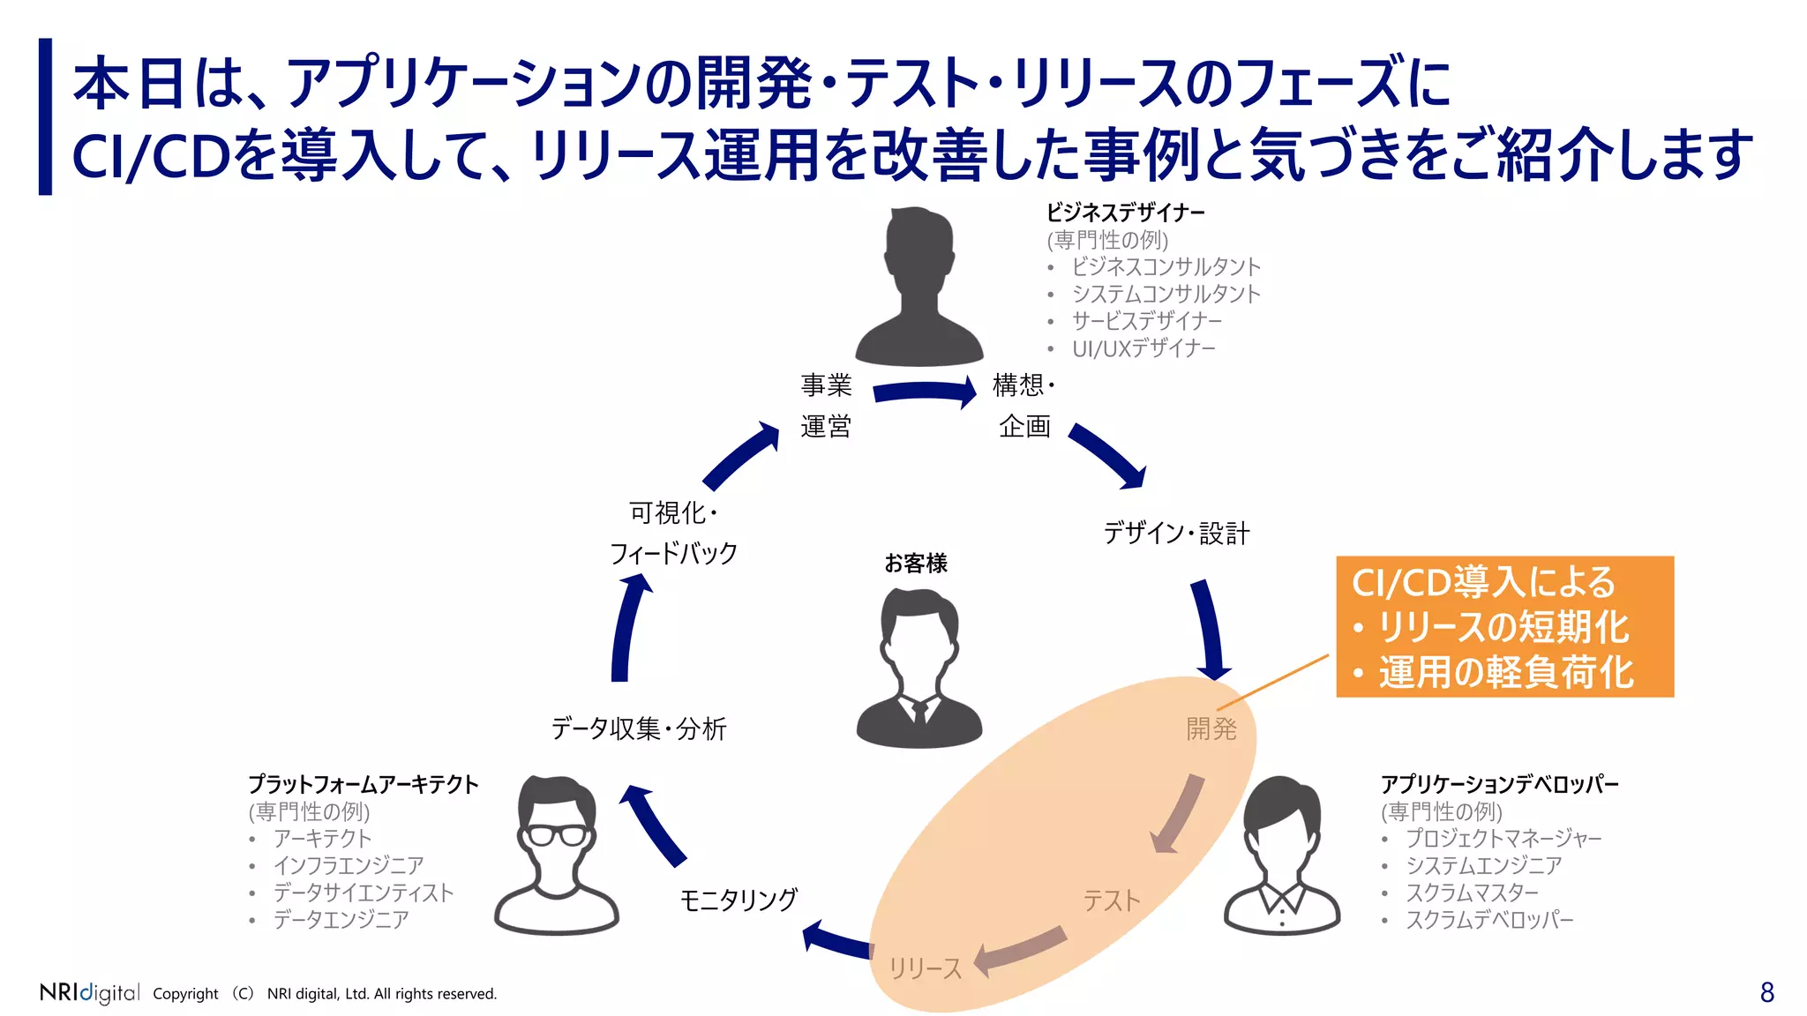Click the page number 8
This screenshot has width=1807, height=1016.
1766,992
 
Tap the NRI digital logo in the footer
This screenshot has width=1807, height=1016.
89,992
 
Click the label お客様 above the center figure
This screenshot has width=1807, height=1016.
916,564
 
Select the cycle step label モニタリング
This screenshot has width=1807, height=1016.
739,900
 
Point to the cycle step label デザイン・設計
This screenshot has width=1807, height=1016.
1176,533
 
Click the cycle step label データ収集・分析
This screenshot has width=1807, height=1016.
638,728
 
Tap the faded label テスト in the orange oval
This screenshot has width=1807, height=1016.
1111,900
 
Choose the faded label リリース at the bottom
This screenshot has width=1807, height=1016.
925,968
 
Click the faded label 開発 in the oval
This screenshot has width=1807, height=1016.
1211,728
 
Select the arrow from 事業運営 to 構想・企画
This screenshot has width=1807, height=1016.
925,392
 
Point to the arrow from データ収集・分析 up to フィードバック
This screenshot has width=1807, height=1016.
627,628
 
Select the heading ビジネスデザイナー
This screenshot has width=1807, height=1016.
1125,213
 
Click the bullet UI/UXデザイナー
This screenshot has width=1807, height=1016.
1143,348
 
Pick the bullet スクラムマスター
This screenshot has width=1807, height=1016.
1471,893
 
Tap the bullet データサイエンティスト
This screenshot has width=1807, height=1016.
363,893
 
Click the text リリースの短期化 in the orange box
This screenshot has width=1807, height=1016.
1503,628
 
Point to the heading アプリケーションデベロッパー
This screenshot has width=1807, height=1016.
1499,784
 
